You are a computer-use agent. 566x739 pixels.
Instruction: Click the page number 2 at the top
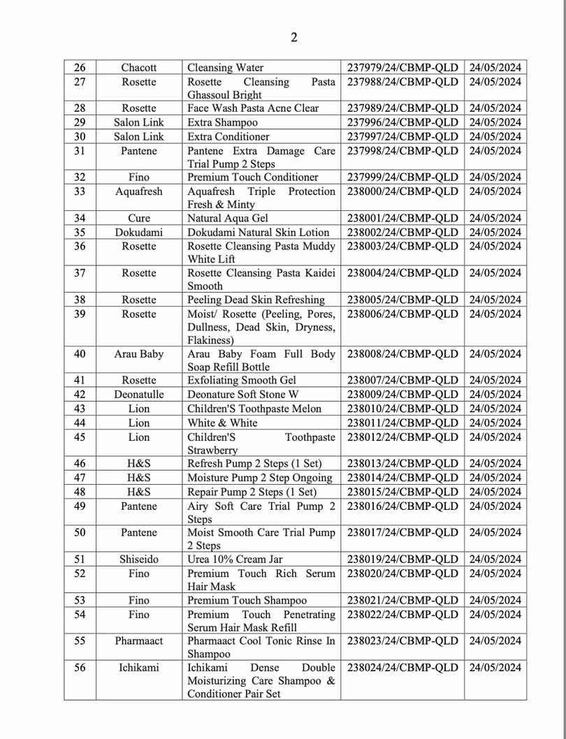point(293,38)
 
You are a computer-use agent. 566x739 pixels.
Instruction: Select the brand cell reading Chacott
point(138,68)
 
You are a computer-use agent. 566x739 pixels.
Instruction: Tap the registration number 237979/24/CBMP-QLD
point(402,68)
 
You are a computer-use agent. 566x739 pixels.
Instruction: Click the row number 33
point(80,191)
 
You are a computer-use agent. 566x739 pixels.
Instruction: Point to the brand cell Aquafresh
point(138,191)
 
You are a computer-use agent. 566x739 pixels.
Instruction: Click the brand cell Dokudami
point(138,232)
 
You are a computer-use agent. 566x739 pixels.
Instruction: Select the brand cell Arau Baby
point(138,353)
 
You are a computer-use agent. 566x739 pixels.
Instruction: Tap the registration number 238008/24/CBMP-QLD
point(402,353)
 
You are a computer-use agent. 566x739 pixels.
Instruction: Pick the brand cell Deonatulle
point(138,395)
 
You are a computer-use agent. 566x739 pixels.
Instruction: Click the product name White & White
point(222,423)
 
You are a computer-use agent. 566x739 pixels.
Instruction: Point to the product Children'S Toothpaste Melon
point(254,409)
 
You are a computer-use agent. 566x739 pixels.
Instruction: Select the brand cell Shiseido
point(138,559)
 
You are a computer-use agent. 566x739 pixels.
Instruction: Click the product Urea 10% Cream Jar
point(235,559)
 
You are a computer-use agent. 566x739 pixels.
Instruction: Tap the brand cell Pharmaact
point(138,641)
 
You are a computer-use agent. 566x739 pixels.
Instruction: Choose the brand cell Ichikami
point(138,668)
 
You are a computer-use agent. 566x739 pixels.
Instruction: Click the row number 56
point(80,668)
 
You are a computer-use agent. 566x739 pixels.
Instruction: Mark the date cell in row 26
point(495,68)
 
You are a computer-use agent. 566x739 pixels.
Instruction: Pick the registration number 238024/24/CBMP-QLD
point(402,668)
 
